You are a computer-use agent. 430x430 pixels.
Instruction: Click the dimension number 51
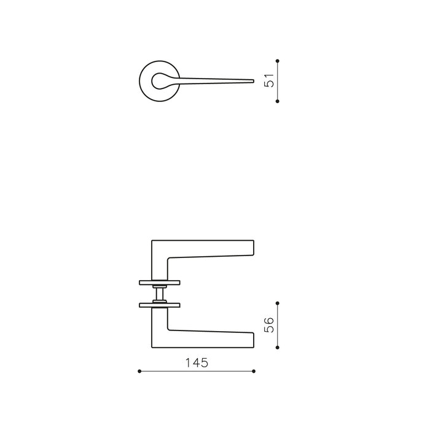(x=269, y=80)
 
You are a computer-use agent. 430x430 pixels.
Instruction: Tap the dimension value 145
(x=197, y=362)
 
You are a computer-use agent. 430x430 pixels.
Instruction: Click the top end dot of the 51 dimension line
(x=278, y=60)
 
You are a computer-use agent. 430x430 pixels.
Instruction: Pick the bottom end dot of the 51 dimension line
(x=278, y=101)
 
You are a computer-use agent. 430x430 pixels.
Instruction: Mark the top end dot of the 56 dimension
(x=278, y=302)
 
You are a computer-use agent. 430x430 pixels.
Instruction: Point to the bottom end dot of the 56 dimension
(x=278, y=348)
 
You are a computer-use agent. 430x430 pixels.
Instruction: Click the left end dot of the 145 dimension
(x=139, y=371)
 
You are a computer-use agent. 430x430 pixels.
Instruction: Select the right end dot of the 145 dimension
(x=254, y=371)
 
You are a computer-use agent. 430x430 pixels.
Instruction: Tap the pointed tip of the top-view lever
(x=253, y=80)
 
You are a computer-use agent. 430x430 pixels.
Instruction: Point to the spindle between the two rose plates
(x=160, y=293)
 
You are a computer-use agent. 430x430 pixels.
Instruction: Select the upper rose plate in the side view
(x=160, y=283)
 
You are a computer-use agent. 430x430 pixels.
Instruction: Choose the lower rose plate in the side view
(x=160, y=304)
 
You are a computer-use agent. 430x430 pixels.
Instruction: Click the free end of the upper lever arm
(x=252, y=247)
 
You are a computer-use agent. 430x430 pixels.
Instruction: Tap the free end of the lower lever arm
(x=252, y=340)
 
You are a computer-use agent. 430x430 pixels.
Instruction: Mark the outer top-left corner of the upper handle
(x=152, y=240)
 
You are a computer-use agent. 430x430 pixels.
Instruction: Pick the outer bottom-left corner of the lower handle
(x=152, y=348)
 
